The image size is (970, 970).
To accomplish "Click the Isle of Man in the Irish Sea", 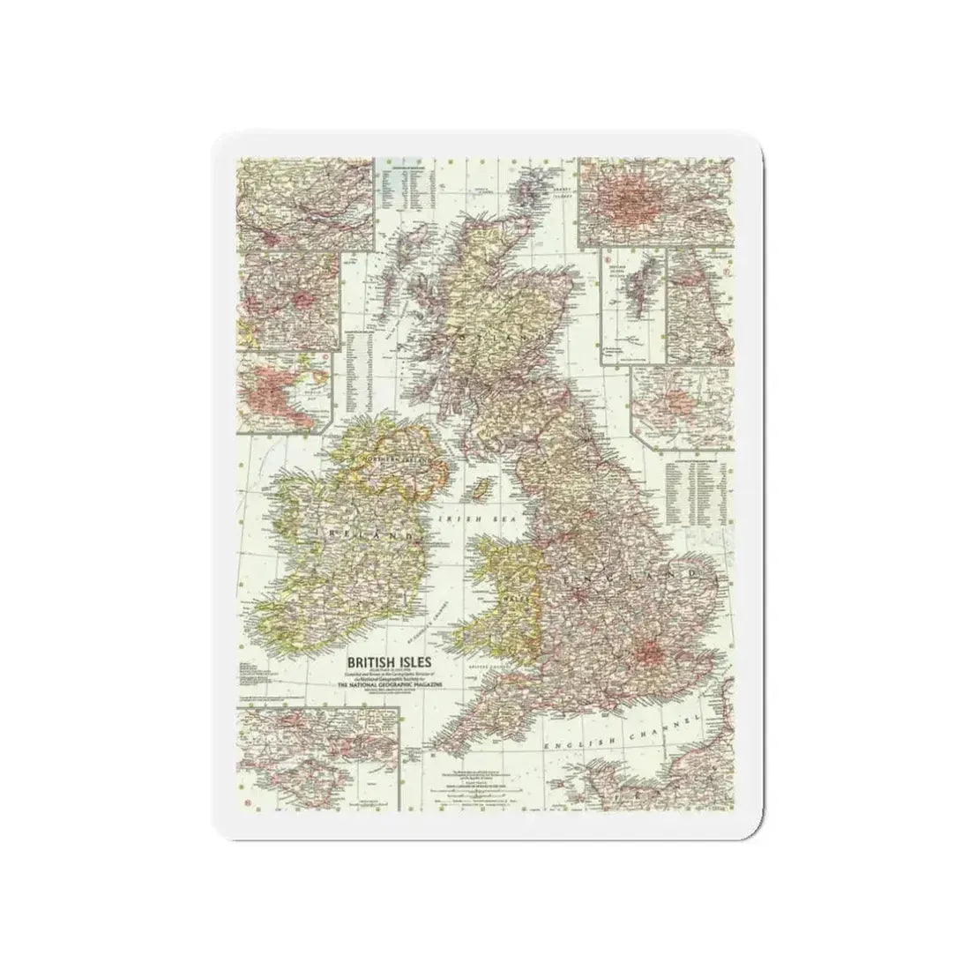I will click(x=481, y=488).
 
